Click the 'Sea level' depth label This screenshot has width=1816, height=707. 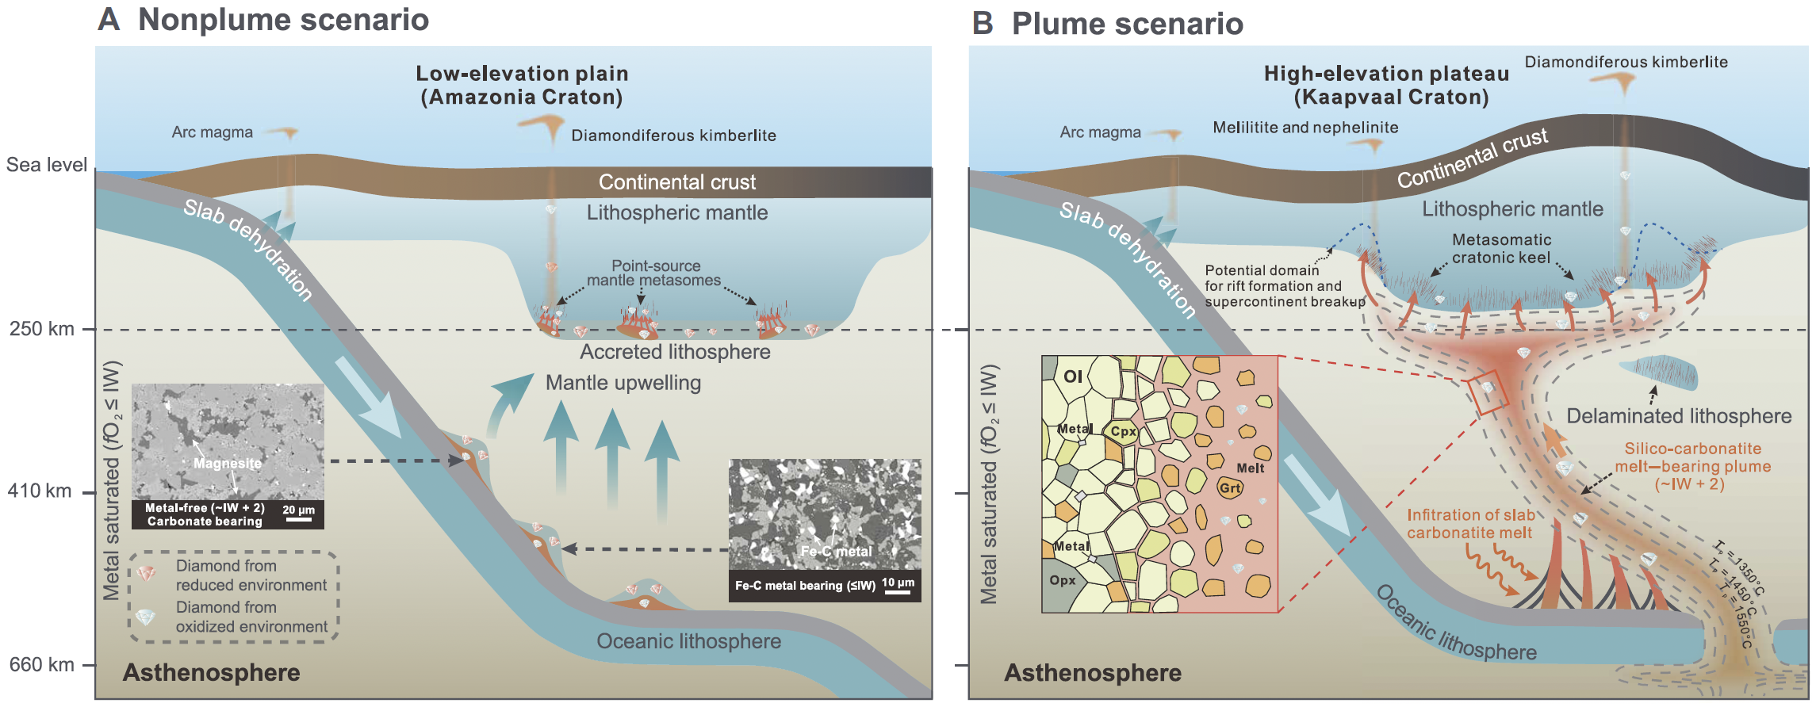47,165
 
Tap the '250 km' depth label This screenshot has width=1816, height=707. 41,328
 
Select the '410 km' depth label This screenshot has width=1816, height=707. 40,491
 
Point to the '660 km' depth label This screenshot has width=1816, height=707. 41,664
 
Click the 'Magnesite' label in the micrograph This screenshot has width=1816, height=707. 228,463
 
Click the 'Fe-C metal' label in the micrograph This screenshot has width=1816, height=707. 836,551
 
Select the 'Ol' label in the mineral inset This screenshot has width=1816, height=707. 1072,376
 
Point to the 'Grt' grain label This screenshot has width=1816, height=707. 1230,488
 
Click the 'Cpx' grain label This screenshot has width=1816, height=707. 1123,431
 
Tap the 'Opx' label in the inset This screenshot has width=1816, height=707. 1063,580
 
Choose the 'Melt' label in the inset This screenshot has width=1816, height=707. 1251,468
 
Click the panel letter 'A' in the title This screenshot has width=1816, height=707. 109,20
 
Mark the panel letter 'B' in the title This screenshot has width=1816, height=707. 983,24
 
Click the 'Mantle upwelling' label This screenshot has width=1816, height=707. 623,383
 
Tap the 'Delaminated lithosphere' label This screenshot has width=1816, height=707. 1679,416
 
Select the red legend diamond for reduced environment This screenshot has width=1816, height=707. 147,573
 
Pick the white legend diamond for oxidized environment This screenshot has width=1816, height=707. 145,616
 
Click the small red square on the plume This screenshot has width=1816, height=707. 1487,393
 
